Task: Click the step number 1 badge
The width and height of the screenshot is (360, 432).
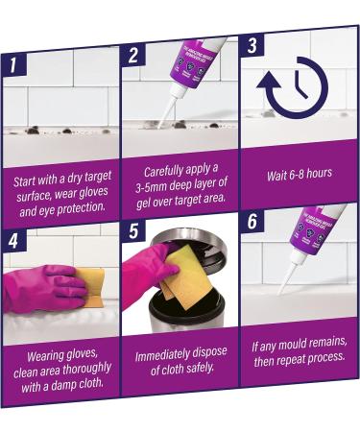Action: click(x=14, y=65)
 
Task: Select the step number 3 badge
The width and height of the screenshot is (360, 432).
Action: click(x=252, y=45)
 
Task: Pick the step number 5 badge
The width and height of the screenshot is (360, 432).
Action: click(x=133, y=230)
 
